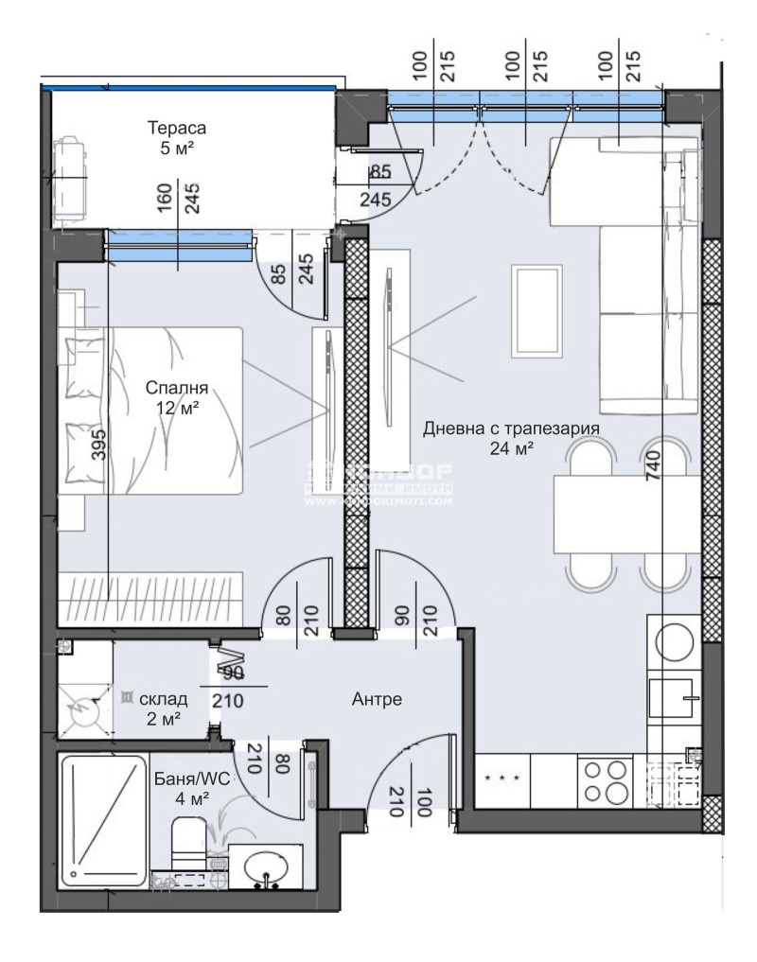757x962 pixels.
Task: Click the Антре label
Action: (378, 700)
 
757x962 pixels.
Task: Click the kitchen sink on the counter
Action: (673, 701)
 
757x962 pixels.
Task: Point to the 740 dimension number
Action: (653, 464)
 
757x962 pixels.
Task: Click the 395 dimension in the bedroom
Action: (100, 441)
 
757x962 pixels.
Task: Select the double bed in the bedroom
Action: (151, 410)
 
